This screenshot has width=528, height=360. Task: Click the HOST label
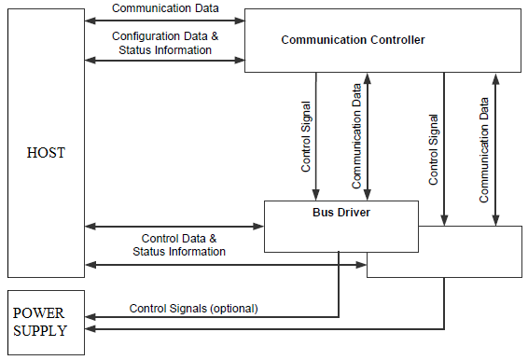point(45,153)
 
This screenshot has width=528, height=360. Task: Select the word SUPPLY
point(45,329)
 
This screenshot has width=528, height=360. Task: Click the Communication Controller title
point(353,40)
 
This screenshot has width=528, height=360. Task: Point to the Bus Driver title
point(340,213)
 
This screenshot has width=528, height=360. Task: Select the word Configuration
point(146,36)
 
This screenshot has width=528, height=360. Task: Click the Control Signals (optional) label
point(193,308)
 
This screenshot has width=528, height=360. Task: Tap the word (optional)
point(234,308)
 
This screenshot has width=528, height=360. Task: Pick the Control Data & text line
point(178,239)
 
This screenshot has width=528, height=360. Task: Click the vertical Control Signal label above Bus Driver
point(307,137)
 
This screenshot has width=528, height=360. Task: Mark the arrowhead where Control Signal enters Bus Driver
point(316,196)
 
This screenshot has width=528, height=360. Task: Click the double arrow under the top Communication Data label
point(164,19)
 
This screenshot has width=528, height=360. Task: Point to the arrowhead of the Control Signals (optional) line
point(89,316)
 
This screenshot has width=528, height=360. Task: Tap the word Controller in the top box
point(395,40)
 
